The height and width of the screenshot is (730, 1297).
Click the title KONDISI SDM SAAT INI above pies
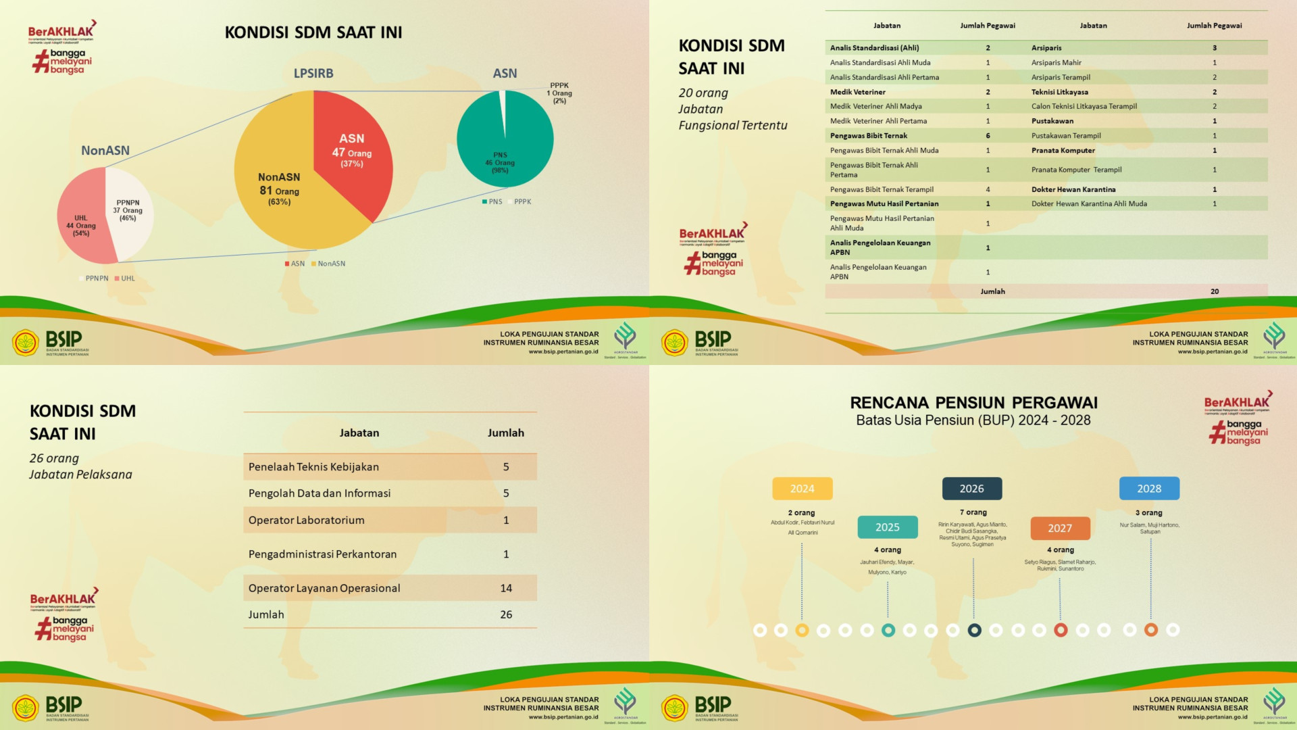point(313,32)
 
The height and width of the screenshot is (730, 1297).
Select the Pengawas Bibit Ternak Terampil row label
point(882,190)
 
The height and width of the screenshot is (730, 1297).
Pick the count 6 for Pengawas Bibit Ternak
point(988,136)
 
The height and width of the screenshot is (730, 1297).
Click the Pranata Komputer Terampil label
point(1076,170)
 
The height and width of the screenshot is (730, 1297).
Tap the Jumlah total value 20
point(1215,292)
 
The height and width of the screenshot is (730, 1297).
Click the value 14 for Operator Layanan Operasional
point(506,589)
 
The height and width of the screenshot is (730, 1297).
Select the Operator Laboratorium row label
point(306,520)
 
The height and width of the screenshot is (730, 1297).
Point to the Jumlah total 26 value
point(506,615)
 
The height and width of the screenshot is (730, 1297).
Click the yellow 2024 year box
point(803,489)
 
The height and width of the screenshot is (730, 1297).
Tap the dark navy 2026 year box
point(972,489)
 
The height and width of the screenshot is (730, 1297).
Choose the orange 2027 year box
point(1060,529)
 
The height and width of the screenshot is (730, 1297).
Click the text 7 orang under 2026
point(973,512)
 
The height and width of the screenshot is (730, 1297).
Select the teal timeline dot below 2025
point(888,631)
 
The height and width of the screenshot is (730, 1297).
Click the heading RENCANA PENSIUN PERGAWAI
point(973,403)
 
